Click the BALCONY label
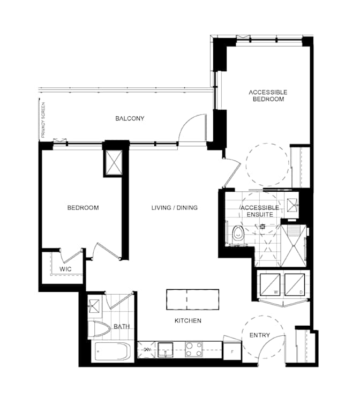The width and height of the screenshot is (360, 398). [x=130, y=118]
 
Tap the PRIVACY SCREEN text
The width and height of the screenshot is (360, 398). [x=43, y=120]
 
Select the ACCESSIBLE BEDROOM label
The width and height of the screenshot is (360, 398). [x=268, y=95]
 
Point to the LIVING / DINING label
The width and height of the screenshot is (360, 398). [x=175, y=208]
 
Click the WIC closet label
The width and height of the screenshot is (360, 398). [x=65, y=269]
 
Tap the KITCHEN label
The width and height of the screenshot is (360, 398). [x=188, y=321]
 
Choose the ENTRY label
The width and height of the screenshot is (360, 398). [x=259, y=335]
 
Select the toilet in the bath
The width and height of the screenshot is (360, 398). [x=99, y=330]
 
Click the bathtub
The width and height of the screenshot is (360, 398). [x=112, y=351]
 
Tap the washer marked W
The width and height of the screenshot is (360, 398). [x=270, y=284]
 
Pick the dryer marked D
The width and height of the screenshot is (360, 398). [x=295, y=284]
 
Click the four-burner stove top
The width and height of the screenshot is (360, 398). [x=194, y=349]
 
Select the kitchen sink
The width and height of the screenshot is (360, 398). [x=166, y=350]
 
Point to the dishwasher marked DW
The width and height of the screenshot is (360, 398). [x=146, y=349]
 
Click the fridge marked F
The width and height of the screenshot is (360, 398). [x=232, y=351]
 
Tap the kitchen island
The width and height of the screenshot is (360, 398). [x=193, y=299]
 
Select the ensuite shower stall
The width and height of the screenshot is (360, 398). [x=294, y=246]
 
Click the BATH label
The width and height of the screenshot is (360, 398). [x=122, y=326]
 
